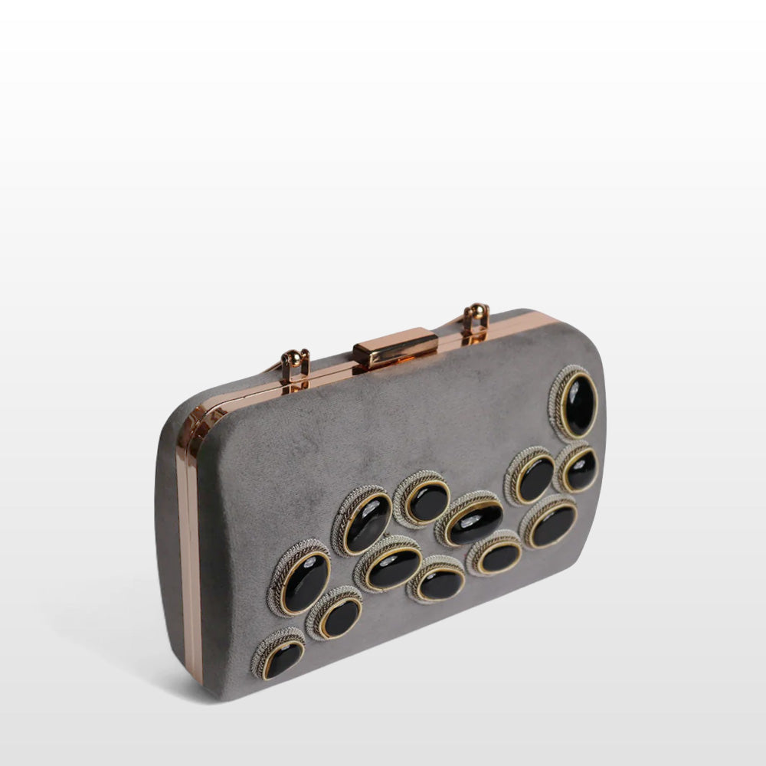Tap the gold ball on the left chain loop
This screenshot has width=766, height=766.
[295, 356]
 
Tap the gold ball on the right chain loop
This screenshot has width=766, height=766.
[476, 310]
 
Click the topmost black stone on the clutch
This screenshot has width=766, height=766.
[579, 404]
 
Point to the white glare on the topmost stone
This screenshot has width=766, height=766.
[574, 391]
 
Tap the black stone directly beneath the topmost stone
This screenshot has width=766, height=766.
[581, 470]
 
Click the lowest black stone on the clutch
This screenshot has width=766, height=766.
[282, 659]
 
